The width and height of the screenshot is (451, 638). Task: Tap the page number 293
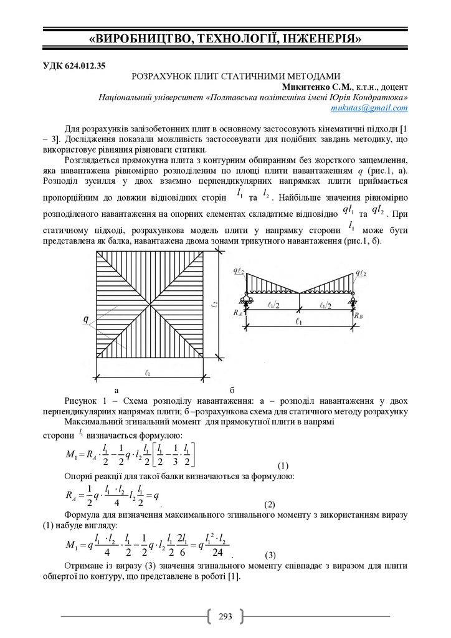coord(225,617)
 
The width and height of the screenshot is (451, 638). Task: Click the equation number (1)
coord(283,466)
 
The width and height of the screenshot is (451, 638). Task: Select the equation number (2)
coord(270,503)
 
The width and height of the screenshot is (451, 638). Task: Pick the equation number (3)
coord(270,555)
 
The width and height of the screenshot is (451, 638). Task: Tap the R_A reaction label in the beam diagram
coord(237,315)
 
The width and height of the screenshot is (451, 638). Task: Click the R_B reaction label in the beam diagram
coord(357,316)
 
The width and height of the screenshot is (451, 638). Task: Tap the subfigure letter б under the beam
coord(232,389)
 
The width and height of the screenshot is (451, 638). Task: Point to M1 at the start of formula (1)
coord(71,454)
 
